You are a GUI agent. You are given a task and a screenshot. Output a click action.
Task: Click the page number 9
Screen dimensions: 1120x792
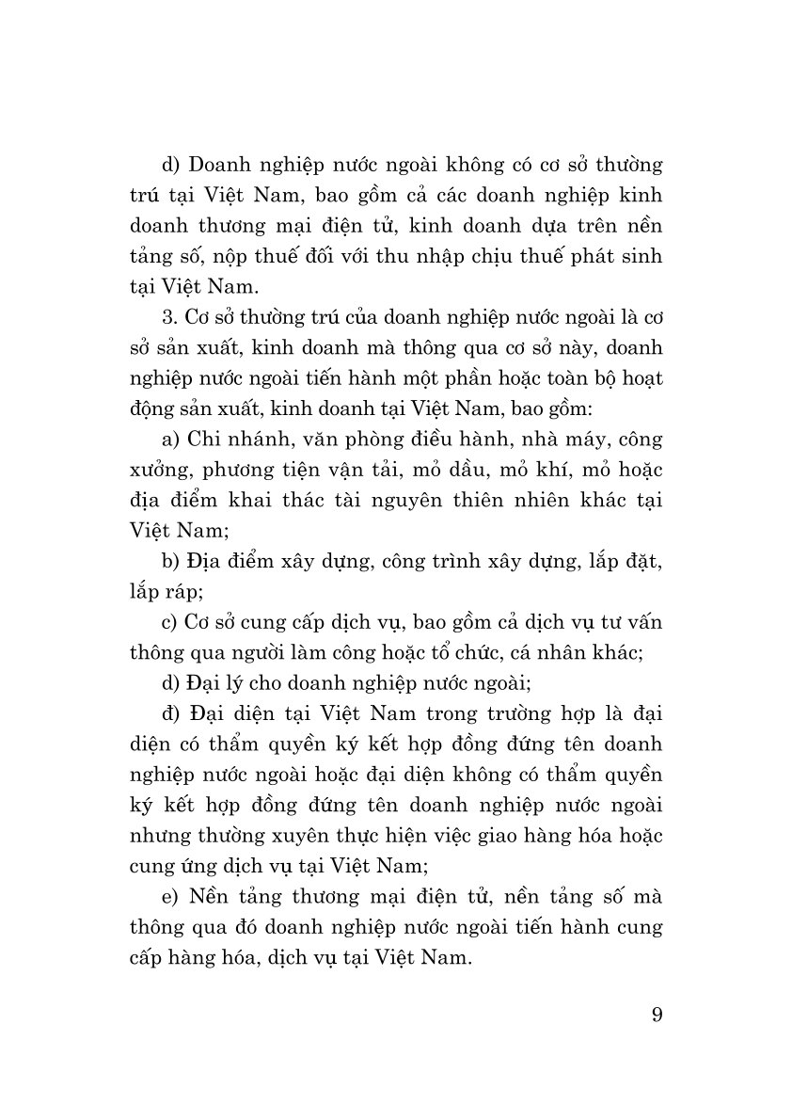[x=656, y=1016]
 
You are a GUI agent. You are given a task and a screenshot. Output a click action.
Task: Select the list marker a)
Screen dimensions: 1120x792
[x=169, y=440]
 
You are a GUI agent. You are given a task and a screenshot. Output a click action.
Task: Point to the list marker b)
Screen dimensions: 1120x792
[x=169, y=562]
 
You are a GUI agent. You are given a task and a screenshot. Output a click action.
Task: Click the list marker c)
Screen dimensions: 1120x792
[x=168, y=623]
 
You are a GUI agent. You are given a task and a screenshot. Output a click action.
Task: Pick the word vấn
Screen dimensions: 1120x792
[x=642, y=623]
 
